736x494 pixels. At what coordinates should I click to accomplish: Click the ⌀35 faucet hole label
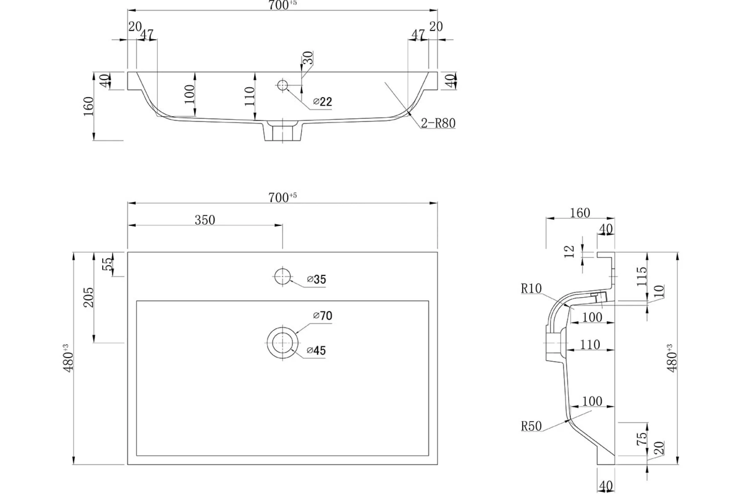[x=317, y=279]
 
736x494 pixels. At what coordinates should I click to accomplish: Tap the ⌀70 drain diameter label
[x=323, y=316]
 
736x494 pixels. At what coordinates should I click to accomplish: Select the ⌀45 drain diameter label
[x=316, y=350]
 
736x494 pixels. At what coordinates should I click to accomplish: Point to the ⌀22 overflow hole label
[x=323, y=102]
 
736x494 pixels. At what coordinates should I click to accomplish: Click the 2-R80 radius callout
[x=438, y=123]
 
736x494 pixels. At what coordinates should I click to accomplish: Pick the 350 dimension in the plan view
[x=205, y=220]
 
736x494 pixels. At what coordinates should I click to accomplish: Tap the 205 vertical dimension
[x=89, y=297]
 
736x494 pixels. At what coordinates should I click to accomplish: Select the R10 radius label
[x=531, y=289]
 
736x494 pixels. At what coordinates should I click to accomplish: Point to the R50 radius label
[x=531, y=426]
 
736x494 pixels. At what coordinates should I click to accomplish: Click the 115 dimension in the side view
[x=642, y=276]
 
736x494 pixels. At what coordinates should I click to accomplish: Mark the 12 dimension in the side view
[x=570, y=251]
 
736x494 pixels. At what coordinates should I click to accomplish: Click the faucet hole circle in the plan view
[x=282, y=277]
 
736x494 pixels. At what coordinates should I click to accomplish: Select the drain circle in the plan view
[x=282, y=343]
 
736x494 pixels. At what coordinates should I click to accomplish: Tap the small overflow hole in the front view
[x=282, y=85]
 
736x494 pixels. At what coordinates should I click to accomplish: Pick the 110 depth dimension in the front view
[x=249, y=96]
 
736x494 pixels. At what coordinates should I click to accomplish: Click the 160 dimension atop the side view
[x=580, y=213]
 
